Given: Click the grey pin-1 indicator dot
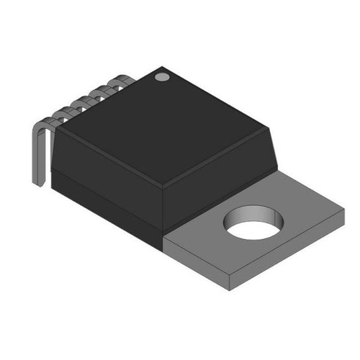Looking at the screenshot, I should coord(162,75).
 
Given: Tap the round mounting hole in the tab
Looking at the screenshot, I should coord(252,223).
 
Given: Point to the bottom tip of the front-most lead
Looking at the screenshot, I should coord(40,184).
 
